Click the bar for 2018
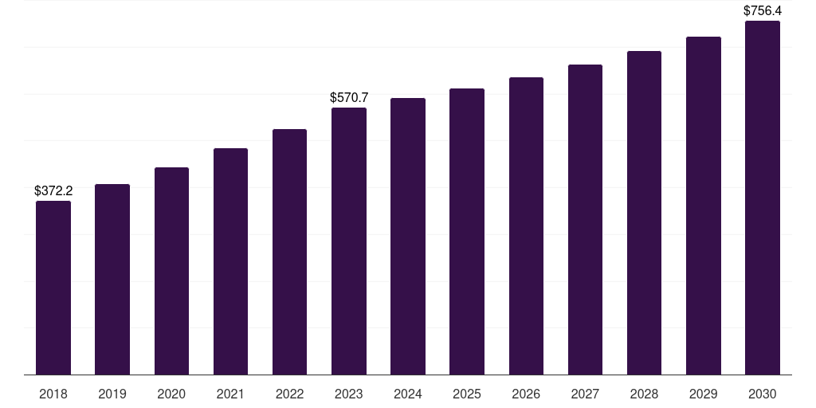53,288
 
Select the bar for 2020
172,271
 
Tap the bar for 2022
289,252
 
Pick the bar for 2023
349,241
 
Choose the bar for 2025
467,232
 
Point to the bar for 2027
585,220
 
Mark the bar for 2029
704,206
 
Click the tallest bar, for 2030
763,198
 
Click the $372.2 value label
53,191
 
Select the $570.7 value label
349,97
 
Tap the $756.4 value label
763,11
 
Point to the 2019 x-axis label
112,394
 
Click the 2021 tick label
230,394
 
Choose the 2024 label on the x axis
408,394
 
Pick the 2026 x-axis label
526,394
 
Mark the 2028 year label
644,394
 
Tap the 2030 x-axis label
763,394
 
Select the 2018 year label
53,394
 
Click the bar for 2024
408,236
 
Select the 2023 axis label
349,394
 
